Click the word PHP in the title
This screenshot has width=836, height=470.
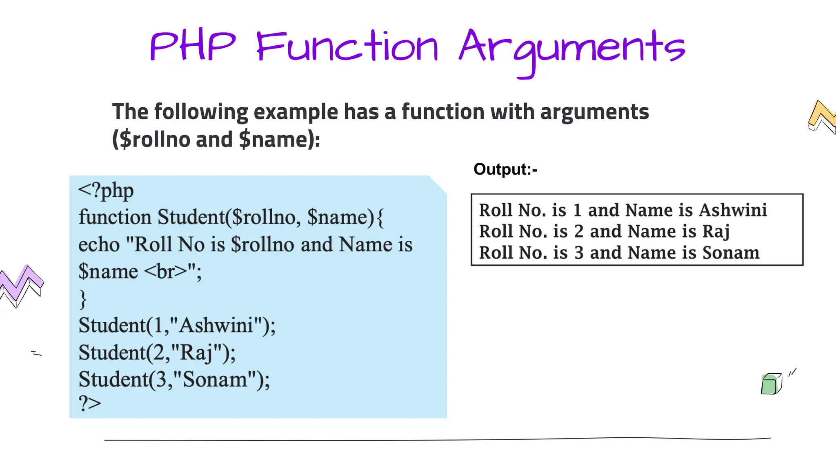pyautogui.click(x=193, y=47)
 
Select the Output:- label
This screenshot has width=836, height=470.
pyautogui.click(x=505, y=169)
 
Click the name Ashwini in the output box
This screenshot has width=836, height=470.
pyautogui.click(x=733, y=210)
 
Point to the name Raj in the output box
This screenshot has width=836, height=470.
pyautogui.click(x=716, y=231)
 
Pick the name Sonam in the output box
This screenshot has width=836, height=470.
pyautogui.click(x=731, y=253)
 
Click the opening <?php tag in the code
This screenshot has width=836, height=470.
pyautogui.click(x=106, y=191)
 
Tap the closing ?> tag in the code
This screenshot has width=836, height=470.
pyautogui.click(x=90, y=403)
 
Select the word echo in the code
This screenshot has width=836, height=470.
pyautogui.click(x=99, y=245)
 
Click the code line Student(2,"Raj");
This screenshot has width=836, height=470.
pyautogui.click(x=157, y=352)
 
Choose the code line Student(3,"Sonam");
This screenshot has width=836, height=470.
pyautogui.click(x=174, y=379)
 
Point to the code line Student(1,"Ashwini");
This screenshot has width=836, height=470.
pyautogui.click(x=177, y=326)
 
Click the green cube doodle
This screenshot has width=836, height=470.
pyautogui.click(x=771, y=384)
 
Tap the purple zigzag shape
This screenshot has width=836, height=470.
pyautogui.click(x=21, y=284)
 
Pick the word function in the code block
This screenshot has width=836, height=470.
pyautogui.click(x=115, y=217)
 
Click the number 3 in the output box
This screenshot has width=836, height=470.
pyautogui.click(x=579, y=253)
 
